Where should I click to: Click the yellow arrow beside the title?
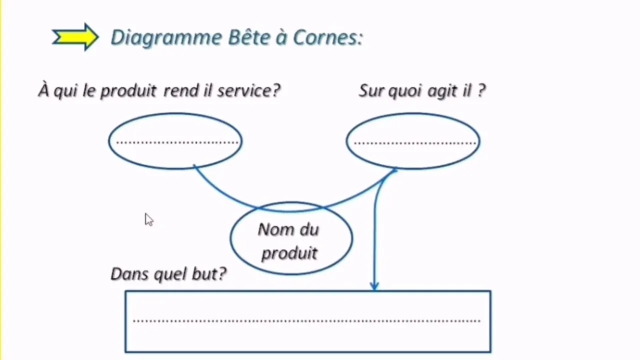coord(75,37)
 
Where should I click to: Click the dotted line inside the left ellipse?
coord(176,142)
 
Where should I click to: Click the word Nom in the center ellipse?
coord(274,229)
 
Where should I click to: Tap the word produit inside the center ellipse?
coord(289,253)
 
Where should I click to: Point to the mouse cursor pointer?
coord(148,219)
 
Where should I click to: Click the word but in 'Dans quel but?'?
coord(208,273)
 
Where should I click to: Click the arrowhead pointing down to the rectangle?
coord(374,286)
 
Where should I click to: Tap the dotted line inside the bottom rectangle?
coord(307,320)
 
